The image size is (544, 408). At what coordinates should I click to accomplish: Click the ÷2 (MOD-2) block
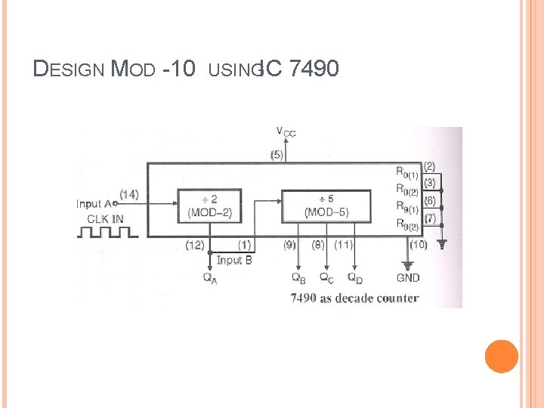pyautogui.click(x=210, y=206)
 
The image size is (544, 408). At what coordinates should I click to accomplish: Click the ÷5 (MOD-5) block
pyautogui.click(x=326, y=206)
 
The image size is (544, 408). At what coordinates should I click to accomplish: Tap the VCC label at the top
pyautogui.click(x=286, y=132)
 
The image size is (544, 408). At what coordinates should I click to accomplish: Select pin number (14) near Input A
pyautogui.click(x=128, y=194)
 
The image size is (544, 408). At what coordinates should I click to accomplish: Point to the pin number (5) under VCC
pyautogui.click(x=277, y=155)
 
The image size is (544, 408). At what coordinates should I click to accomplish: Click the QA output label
pyautogui.click(x=211, y=277)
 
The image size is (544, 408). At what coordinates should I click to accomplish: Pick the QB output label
pyautogui.click(x=298, y=277)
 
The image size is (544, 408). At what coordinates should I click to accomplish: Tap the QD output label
pyautogui.click(x=354, y=277)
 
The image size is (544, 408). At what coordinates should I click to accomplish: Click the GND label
pyautogui.click(x=408, y=277)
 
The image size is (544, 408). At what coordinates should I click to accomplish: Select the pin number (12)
pyautogui.click(x=196, y=245)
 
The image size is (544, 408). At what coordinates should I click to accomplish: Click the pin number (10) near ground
pyautogui.click(x=418, y=245)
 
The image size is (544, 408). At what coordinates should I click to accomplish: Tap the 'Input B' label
pyautogui.click(x=234, y=260)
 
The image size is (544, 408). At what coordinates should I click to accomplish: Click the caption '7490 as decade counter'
pyautogui.click(x=354, y=298)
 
